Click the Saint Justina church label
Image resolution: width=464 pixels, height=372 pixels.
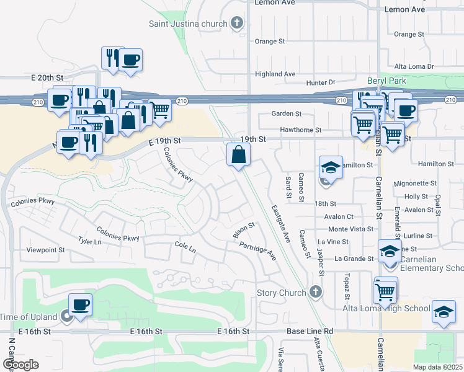[187, 24]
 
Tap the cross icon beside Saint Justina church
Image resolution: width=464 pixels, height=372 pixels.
[236, 24]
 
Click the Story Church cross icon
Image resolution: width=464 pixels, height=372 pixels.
[316, 291]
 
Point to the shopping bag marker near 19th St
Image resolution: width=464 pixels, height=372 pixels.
[239, 154]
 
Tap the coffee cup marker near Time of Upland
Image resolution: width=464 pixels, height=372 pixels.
[80, 304]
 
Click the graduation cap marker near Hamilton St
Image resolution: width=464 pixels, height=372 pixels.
[331, 167]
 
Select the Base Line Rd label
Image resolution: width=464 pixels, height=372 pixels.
[310, 332]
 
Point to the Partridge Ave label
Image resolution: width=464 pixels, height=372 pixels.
[258, 248]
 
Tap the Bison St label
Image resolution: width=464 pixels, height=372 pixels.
[244, 231]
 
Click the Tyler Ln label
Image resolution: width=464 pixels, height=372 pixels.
[89, 240]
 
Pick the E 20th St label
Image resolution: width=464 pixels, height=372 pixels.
[47, 77]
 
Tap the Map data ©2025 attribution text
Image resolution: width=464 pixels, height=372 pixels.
[438, 367]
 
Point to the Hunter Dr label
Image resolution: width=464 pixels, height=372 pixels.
[321, 82]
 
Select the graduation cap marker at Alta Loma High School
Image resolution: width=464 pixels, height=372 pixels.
[443, 312]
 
